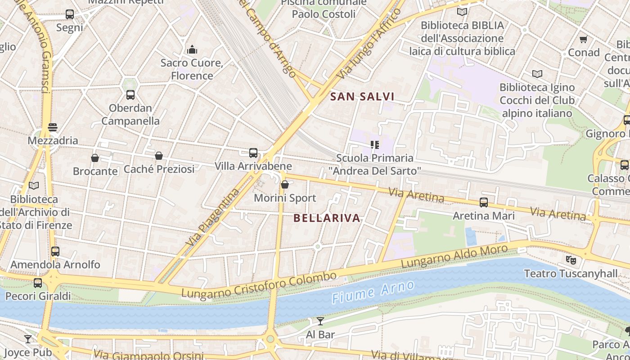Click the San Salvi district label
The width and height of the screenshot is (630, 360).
pyautogui.click(x=362, y=96)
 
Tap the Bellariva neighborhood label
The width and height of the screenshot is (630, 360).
pyautogui.click(x=327, y=218)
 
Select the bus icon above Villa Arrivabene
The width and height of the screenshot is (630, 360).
pyautogui.click(x=253, y=153)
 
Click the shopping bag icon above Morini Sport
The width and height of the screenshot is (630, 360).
pyautogui.click(x=284, y=184)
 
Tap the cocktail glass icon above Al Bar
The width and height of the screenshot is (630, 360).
pyautogui.click(x=320, y=321)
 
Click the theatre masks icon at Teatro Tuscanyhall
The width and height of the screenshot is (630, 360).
pyautogui.click(x=571, y=260)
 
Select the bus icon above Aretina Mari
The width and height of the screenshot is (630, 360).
pyautogui.click(x=484, y=202)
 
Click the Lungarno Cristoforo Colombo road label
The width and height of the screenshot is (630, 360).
pyautogui.click(x=259, y=284)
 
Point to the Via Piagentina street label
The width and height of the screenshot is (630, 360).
pyautogui.click(x=212, y=217)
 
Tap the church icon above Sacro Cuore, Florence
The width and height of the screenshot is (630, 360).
pyautogui.click(x=192, y=49)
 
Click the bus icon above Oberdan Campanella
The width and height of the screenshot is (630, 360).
pyautogui.click(x=130, y=95)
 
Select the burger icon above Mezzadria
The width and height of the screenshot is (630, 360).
pyautogui.click(x=53, y=127)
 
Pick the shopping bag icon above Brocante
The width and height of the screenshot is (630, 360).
pyautogui.click(x=95, y=158)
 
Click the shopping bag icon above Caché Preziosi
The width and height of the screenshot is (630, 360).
pyautogui.click(x=159, y=156)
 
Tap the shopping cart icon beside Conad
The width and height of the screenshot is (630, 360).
pyautogui.click(x=584, y=39)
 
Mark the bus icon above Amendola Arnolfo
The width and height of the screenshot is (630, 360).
pyautogui.click(x=55, y=252)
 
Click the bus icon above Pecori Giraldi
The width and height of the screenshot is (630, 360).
pyautogui.click(x=38, y=283)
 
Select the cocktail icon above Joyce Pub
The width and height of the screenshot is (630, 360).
pyautogui.click(x=28, y=339)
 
